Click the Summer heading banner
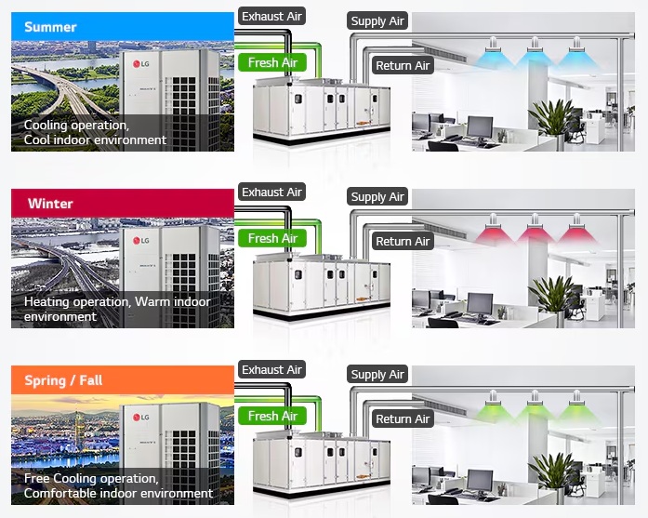(122, 26)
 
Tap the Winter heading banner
(122, 203)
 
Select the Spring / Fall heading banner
(122, 380)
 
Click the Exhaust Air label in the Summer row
(271, 16)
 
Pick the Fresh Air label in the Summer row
(272, 62)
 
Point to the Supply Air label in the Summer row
(377, 20)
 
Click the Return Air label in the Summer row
(403, 65)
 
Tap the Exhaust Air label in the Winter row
(271, 193)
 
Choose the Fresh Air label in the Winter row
(272, 238)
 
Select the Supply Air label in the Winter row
(377, 197)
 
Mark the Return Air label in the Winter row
(403, 242)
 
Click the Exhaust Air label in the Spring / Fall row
(271, 370)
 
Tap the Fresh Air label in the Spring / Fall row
(272, 416)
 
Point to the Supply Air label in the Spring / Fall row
(377, 375)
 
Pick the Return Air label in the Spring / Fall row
(403, 419)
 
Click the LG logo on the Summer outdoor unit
(141, 64)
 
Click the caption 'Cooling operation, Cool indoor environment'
(95, 132)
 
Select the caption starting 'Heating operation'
(116, 309)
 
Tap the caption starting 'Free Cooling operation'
(118, 485)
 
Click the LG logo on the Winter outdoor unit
(141, 241)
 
